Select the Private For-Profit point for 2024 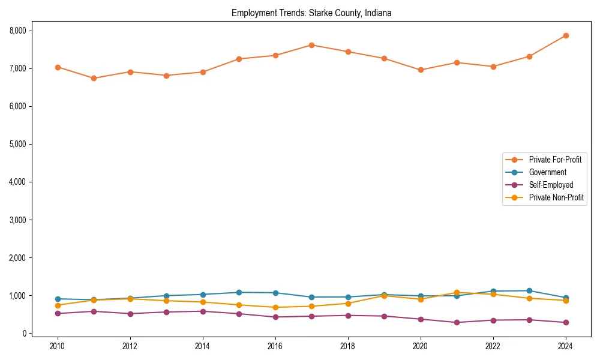[566, 35]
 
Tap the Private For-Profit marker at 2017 [311, 45]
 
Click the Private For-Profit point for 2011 [94, 78]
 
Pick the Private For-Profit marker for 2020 [421, 70]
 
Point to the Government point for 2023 [529, 290]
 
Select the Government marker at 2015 [239, 292]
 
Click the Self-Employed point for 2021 [457, 322]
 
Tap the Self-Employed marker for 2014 [203, 311]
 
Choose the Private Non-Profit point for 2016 [275, 307]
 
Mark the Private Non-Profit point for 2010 [58, 305]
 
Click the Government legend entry [547, 172]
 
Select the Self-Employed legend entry [551, 185]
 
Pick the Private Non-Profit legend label [556, 197]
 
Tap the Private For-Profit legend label [555, 160]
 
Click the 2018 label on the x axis [348, 346]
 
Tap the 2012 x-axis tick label [130, 346]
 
